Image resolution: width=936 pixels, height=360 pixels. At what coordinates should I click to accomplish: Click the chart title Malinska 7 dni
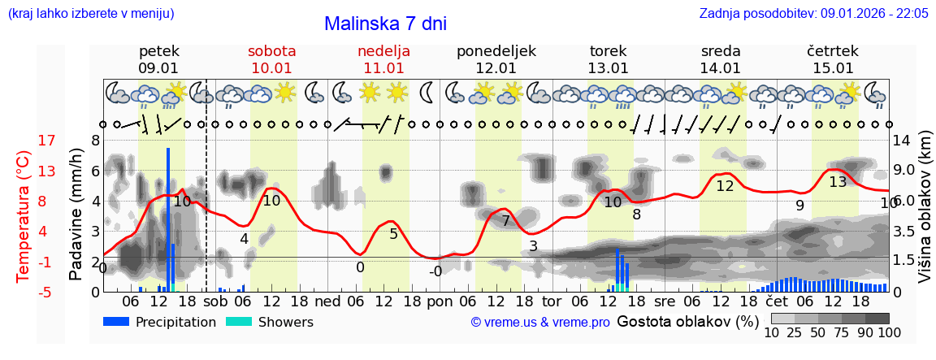[x=385, y=24]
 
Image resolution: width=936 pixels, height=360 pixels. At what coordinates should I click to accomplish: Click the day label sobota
[x=271, y=51]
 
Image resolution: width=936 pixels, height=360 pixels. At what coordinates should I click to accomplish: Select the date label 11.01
[x=383, y=68]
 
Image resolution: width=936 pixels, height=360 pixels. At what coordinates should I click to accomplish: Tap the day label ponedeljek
[x=496, y=51]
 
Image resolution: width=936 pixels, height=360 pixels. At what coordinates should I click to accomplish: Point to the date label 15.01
[x=833, y=68]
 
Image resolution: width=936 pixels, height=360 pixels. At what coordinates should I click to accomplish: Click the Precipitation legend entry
[x=160, y=322]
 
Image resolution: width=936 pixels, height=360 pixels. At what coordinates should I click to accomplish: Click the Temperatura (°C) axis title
[x=24, y=215]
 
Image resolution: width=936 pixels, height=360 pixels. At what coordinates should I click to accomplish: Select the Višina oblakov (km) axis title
[x=925, y=215]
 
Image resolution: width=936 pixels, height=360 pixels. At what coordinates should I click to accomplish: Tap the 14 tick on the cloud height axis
[x=901, y=141]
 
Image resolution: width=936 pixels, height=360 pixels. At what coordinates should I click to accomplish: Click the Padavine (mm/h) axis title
[x=76, y=215]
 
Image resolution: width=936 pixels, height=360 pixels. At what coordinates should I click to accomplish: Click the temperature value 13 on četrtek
[x=838, y=182]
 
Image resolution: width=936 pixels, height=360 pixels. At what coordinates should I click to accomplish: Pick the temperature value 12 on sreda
[x=725, y=186]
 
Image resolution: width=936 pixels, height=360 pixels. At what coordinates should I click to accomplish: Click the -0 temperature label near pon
[x=435, y=271]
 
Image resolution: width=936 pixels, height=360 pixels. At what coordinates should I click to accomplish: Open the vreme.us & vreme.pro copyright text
[x=539, y=322]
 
